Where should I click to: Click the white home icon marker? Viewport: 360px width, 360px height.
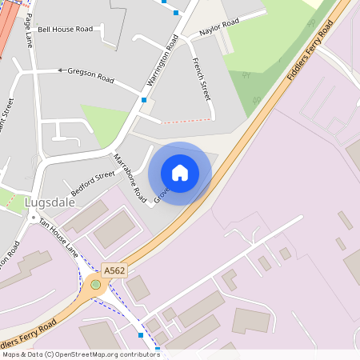pyautogui.click(x=180, y=173)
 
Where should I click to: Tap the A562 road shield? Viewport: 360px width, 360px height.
pyautogui.click(x=113, y=271)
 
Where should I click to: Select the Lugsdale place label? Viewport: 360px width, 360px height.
pyautogui.click(x=50, y=202)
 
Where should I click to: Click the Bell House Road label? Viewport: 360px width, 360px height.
pyautogui.click(x=66, y=29)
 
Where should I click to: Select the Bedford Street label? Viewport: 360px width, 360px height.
pyautogui.click(x=93, y=184)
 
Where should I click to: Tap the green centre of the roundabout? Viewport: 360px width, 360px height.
pyautogui.click(x=96, y=284)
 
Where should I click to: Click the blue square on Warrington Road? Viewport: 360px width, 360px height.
pyautogui.click(x=144, y=99)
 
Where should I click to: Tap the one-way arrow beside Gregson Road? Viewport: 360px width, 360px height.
pyautogui.click(x=60, y=70)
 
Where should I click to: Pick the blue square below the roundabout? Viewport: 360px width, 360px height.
pyautogui.click(x=141, y=334)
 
